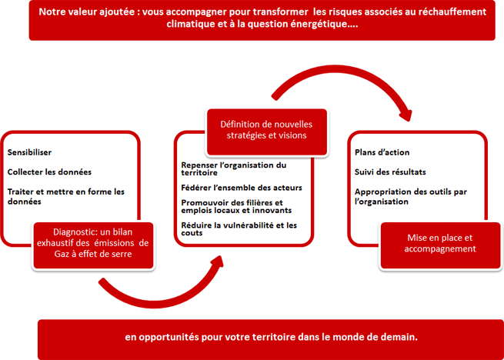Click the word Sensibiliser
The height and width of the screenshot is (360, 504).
coord(29,152)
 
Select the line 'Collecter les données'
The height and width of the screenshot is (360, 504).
coord(49,172)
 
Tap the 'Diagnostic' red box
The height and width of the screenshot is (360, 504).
coord(93,245)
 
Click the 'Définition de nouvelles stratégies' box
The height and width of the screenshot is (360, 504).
coord(266,132)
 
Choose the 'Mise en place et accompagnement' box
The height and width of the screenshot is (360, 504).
coord(440,245)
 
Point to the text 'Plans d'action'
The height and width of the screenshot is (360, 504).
coord(382,152)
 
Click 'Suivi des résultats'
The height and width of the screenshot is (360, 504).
coord(390,172)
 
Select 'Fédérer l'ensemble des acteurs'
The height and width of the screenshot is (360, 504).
coord(242,188)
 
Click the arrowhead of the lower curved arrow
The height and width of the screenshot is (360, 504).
coord(217,263)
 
